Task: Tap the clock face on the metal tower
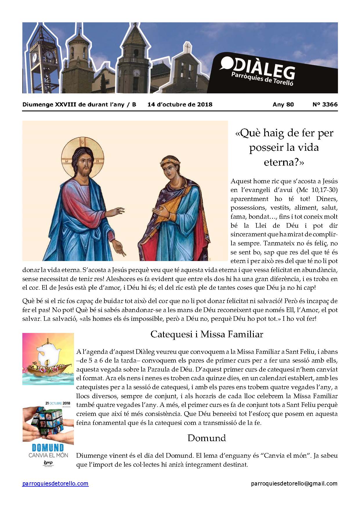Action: [50, 54]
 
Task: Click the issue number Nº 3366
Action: [325, 104]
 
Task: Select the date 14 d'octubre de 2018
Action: [180, 104]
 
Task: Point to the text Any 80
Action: [283, 104]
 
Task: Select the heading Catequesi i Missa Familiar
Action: [207, 334]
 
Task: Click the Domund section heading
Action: [207, 438]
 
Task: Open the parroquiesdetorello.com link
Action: [55, 483]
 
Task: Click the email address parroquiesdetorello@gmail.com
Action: [294, 483]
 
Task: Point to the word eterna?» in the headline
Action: [284, 162]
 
